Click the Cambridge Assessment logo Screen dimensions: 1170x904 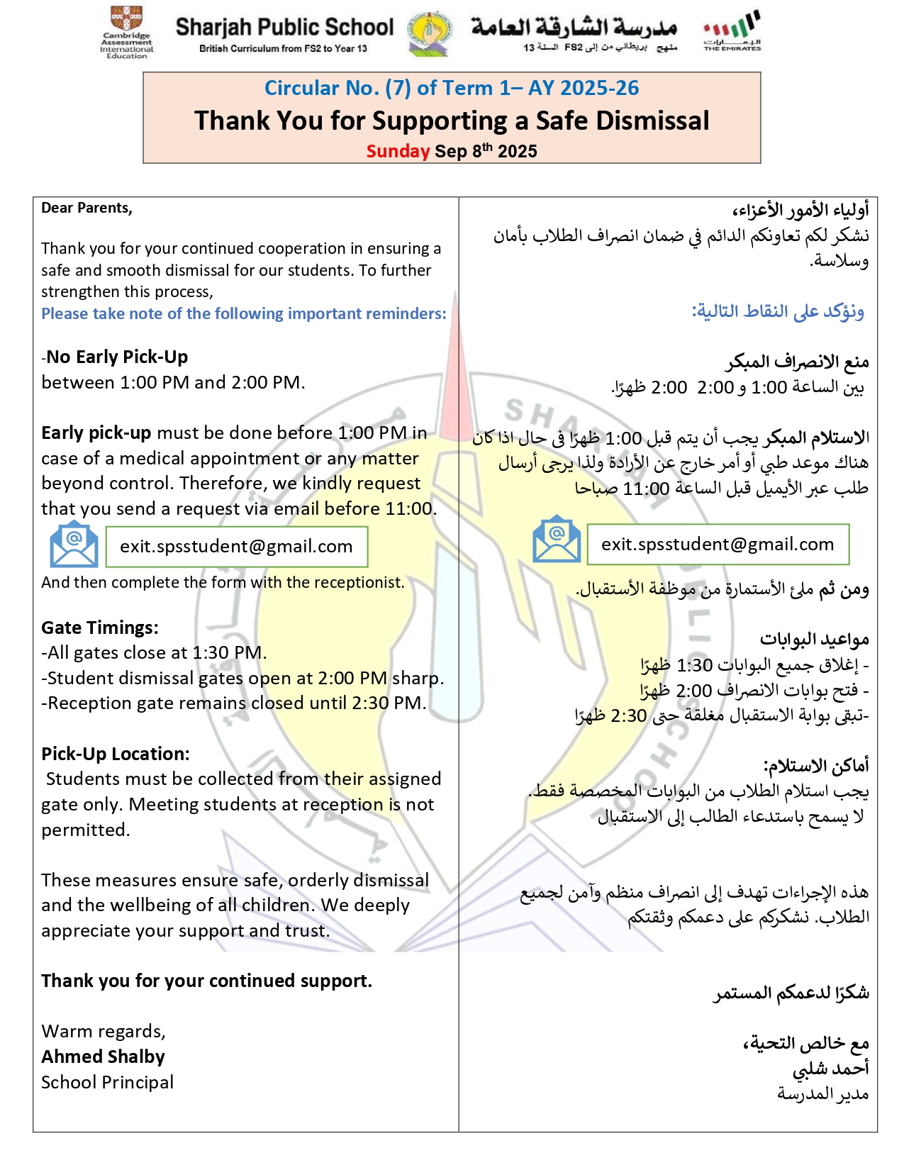127,33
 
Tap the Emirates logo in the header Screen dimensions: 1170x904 732,31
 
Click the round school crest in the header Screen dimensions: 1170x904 430,33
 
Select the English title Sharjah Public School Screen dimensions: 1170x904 284,28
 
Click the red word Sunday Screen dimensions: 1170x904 398,151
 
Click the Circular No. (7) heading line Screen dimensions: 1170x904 452,88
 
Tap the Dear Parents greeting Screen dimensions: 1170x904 87,208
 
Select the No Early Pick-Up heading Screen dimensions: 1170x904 117,357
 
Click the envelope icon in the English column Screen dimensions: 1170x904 74,545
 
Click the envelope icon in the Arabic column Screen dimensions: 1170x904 557,540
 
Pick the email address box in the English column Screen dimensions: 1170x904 236,546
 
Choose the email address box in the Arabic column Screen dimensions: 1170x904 718,544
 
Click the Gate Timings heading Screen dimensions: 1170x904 100,628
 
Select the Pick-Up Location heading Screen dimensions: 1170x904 116,754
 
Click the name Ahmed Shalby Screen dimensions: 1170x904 103,1057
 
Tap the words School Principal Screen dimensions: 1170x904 107,1082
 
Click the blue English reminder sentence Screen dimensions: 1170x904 244,313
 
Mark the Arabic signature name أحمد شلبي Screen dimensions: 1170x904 830,1069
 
